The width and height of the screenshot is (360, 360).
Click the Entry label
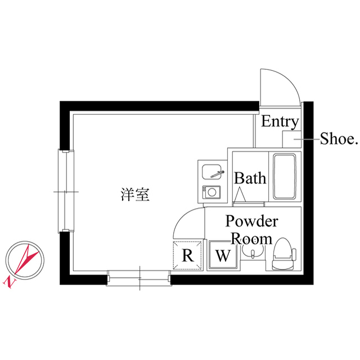point(280,121)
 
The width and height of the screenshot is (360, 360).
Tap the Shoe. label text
point(339,139)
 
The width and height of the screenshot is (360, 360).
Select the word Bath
point(250,178)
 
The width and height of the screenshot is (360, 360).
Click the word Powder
point(252,221)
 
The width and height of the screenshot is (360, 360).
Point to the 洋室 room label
point(135,195)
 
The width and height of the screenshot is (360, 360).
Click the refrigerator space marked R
point(187,255)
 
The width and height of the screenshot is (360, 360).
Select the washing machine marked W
point(223,255)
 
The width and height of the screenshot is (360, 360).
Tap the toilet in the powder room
point(283,254)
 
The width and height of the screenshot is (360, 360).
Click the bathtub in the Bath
point(284,176)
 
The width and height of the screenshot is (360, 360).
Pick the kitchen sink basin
point(211,172)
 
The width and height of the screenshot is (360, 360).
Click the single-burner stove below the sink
point(211,192)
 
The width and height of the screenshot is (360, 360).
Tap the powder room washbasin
point(253,251)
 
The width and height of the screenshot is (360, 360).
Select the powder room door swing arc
point(181,216)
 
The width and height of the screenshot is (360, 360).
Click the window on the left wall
point(66,191)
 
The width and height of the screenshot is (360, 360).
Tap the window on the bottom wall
point(139,278)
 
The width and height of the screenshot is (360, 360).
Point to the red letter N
point(10,282)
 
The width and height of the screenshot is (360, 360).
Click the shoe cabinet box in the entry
point(291,139)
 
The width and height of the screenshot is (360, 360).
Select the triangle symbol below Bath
point(240,195)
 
